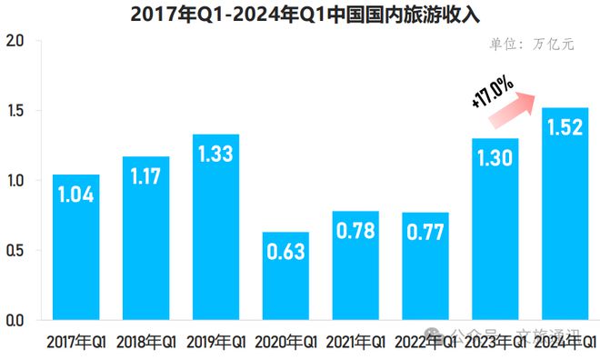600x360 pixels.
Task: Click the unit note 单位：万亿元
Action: click(x=532, y=45)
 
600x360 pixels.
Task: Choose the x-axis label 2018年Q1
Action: click(x=146, y=343)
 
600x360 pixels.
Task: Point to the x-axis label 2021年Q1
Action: click(x=356, y=343)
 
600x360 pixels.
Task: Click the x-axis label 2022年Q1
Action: click(x=426, y=343)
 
